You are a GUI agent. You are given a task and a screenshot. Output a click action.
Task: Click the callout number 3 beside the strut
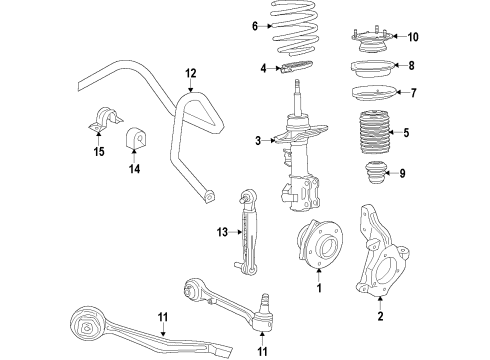[257, 140]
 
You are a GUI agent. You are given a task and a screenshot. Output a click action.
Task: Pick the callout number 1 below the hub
[319, 290]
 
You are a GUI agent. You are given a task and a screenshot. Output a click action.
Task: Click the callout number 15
[98, 152]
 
